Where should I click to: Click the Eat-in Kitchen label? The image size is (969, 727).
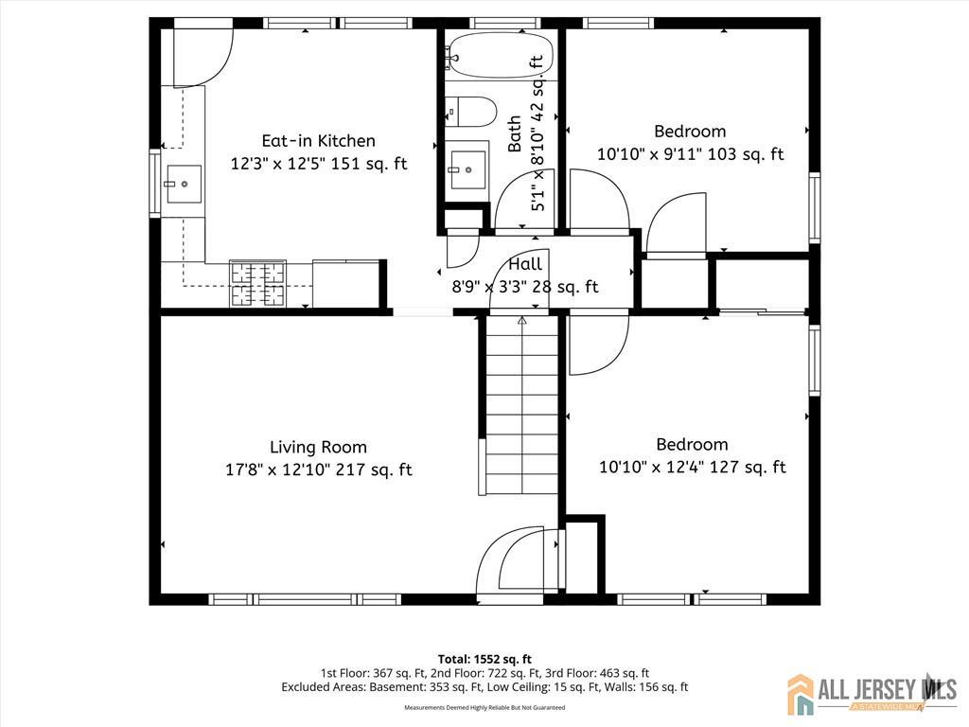pos(318,141)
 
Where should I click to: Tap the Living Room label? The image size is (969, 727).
pos(318,447)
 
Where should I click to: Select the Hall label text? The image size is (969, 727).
pos(525,265)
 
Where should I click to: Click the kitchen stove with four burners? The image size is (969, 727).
pos(257,284)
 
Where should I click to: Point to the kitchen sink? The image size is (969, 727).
pos(183,184)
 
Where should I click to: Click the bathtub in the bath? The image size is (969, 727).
pos(501,55)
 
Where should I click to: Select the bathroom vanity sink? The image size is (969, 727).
pos(467,167)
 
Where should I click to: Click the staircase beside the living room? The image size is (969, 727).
pos(522,405)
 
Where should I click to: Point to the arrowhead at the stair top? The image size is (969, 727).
pos(522,321)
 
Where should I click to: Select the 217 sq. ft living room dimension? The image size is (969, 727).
pos(319,470)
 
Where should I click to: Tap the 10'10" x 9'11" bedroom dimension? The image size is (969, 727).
pos(690,153)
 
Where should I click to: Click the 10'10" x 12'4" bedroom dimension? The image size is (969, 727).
pos(692,467)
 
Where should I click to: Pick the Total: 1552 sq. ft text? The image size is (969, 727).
pos(484,659)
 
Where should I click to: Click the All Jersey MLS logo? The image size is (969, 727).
pos(872,692)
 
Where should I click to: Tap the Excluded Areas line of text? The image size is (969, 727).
pos(484,687)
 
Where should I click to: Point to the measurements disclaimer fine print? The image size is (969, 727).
pos(484,707)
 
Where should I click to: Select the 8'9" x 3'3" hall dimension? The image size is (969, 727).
pos(525,287)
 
